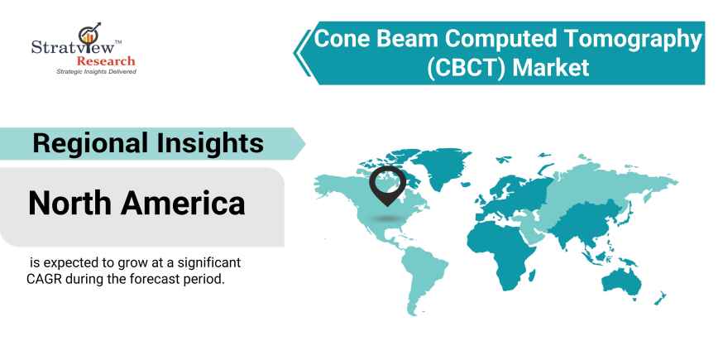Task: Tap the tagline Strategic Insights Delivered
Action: pos(96,73)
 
